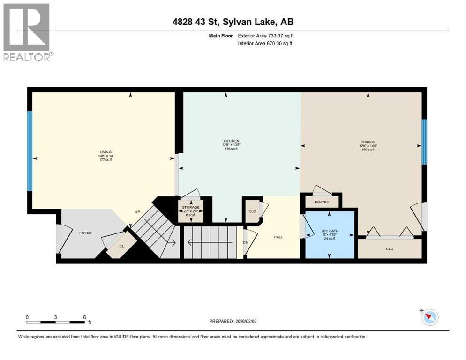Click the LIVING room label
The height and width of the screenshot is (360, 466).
105,152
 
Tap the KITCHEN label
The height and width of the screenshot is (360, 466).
231,141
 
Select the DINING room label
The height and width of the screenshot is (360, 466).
368,141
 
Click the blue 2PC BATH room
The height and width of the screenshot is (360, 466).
330,234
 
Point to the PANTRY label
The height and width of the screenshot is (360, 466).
322,202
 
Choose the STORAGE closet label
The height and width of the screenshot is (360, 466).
191,207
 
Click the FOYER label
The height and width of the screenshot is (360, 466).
85,232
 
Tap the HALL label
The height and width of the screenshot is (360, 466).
278,237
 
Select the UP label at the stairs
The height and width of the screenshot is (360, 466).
137,212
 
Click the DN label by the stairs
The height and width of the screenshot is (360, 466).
245,242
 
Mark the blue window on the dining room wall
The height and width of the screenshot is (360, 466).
424,142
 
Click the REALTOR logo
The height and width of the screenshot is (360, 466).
27,32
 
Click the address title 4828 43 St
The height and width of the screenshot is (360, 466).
233,22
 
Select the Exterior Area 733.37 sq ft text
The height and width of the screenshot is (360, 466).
266,36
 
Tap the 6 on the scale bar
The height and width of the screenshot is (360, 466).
84,317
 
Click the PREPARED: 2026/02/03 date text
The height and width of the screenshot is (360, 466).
233,321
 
